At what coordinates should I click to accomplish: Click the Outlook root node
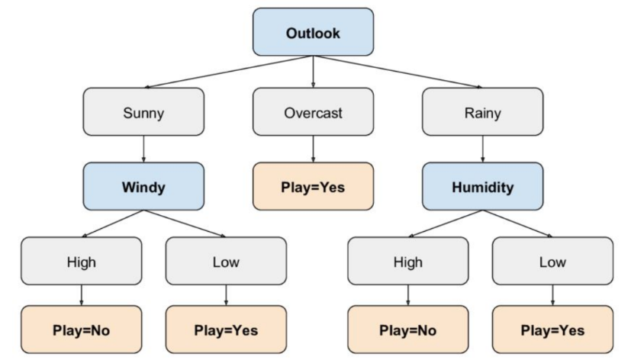coord(313,32)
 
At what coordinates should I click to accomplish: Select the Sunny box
coord(143,112)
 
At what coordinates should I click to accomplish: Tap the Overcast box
coord(313,112)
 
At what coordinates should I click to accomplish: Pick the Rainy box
coord(482,112)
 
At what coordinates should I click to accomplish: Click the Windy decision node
coord(143,186)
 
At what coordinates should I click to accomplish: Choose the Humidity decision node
coord(482,186)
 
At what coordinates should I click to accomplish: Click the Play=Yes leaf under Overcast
coord(313,186)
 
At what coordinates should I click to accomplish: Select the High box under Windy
coord(82,261)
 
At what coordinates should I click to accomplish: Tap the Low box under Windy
coord(226,261)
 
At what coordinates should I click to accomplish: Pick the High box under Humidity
coord(408,261)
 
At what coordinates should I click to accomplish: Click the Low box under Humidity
coord(553,261)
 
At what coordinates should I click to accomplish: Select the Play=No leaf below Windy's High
coord(82,329)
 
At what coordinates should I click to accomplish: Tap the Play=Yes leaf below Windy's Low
coord(226,329)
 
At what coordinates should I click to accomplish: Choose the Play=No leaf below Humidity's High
coord(408,329)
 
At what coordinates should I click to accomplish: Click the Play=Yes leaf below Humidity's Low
coord(553,329)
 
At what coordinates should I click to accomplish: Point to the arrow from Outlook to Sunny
coord(229,72)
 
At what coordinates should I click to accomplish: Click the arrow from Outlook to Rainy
coord(398,72)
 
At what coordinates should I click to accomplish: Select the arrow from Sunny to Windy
coord(143,149)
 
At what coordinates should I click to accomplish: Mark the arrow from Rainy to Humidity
coord(482,149)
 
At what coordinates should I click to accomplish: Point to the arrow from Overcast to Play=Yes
coord(313,149)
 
